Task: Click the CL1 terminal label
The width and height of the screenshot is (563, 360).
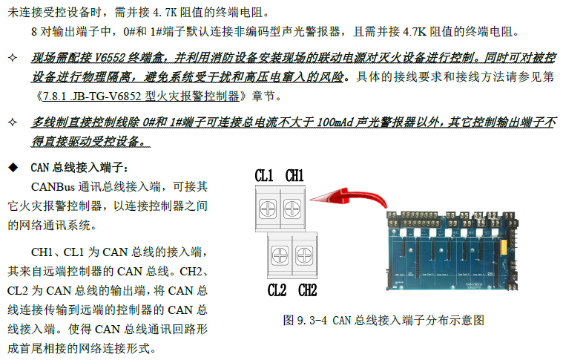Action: point(264,176)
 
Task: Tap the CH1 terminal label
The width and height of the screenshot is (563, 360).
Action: point(294,176)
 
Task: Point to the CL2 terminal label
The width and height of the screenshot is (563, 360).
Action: point(277,290)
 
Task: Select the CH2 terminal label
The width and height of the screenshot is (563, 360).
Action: point(307,290)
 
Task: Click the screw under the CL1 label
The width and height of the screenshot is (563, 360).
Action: point(268,209)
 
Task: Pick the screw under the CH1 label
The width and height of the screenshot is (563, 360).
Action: point(292,209)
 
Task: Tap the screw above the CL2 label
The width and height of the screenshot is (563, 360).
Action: point(280,256)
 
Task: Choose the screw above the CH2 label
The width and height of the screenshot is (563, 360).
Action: point(304,256)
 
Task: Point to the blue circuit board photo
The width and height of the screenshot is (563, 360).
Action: point(452,250)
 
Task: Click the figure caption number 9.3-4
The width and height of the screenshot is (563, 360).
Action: point(312,320)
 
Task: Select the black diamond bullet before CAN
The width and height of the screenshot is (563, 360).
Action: point(13,168)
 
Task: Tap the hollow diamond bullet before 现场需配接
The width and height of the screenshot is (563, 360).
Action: point(13,57)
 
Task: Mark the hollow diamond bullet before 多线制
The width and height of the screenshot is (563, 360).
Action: point(13,122)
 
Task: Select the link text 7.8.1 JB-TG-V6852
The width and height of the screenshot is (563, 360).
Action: point(92,96)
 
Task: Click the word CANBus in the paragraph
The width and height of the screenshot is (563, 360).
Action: point(53,187)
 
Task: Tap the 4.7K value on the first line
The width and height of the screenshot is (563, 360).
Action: point(165,13)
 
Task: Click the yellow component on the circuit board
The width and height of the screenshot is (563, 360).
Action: point(503,246)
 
